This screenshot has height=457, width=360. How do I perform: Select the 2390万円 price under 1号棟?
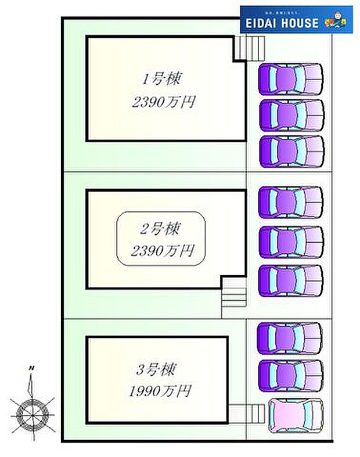(x=163, y=102)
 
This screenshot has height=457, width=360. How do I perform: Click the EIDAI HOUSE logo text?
(x=282, y=23)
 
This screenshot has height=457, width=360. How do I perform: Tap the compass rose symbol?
(x=33, y=414)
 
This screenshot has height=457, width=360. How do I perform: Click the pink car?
(x=295, y=416)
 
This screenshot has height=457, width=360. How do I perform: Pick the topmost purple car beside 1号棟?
(x=290, y=78)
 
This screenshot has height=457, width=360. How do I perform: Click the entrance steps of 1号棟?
(x=248, y=47)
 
